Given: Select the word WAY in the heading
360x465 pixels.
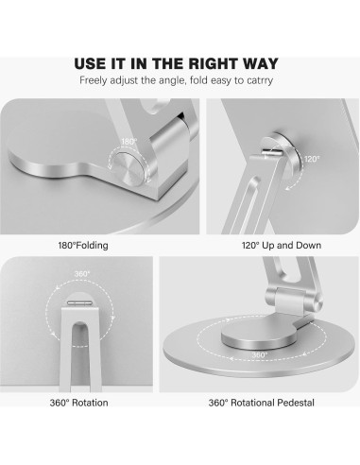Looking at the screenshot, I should point(259,64).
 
